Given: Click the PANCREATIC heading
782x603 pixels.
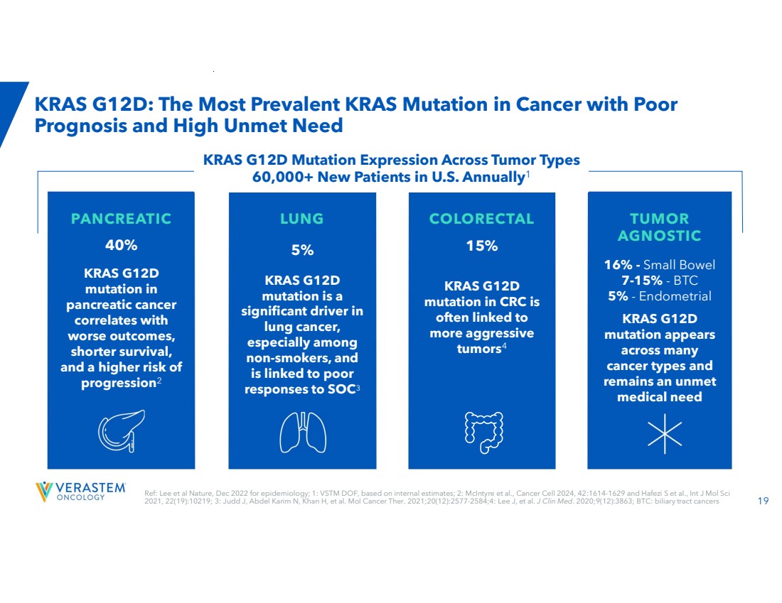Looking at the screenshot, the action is coord(121,219).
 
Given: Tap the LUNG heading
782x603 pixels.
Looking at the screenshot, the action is coord(301,219).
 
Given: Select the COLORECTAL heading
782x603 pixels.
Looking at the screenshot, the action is coord(482,219).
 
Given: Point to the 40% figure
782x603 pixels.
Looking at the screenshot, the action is coord(121,245).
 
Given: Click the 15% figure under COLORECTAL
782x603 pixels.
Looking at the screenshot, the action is coord(482,246).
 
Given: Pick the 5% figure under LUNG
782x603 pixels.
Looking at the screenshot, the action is coord(302,250).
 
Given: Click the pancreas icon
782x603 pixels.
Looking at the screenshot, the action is coord(121,431).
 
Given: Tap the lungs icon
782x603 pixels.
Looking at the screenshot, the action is coord(303,433).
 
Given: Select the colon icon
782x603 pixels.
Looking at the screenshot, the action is coord(483,433).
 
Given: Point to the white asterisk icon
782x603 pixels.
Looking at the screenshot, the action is coord(665,433).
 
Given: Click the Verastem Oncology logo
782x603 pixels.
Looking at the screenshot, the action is coord(80,491).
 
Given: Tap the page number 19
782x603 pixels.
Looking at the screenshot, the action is coord(763,500).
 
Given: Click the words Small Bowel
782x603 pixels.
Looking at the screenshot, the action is coord(679,265).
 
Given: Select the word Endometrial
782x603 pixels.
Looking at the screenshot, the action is coord(675,296).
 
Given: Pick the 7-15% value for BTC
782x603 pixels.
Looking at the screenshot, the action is coord(642,280).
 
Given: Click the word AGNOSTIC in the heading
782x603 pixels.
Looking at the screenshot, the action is coord(659,236).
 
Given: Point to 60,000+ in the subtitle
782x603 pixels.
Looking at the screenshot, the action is coord(282,177).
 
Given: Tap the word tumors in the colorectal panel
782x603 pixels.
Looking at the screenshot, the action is coord(478,348).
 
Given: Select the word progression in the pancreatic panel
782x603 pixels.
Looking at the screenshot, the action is coord(119,384).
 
